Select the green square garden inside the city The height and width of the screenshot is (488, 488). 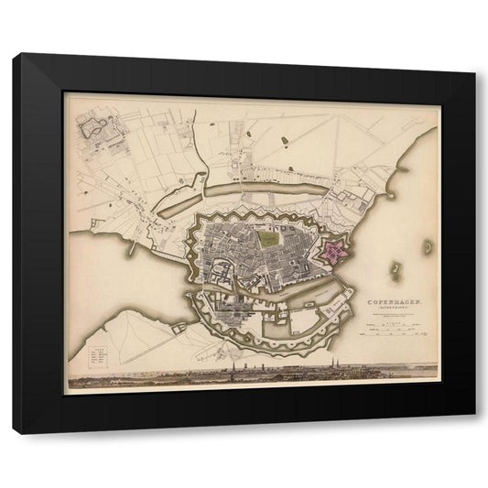(268, 239)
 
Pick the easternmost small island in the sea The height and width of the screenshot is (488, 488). (427, 246)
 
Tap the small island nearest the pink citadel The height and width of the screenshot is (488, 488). (396, 270)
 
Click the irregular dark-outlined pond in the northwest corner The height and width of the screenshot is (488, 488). (94, 128)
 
